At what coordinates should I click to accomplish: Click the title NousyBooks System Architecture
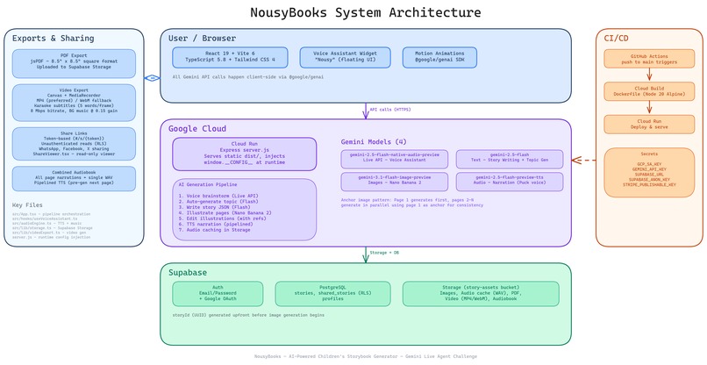coord(353,12)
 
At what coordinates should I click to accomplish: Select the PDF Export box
coord(74,63)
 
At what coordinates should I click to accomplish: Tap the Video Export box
coord(74,102)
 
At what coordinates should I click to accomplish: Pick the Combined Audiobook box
coord(74,178)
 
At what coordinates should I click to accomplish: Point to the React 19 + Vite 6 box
coord(230,57)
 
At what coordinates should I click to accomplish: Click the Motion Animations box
coord(440,57)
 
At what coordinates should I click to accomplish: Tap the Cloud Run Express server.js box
coord(245,154)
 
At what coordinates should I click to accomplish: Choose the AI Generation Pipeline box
coord(245,210)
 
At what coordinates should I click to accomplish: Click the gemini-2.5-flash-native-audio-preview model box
coord(394,158)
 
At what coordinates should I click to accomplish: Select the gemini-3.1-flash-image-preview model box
coord(394,182)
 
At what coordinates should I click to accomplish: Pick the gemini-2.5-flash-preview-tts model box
coord(509,182)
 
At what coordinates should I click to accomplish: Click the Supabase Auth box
coord(218,293)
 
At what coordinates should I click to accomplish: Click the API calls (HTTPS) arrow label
coord(389,110)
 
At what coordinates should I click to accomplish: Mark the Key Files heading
coord(27,204)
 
